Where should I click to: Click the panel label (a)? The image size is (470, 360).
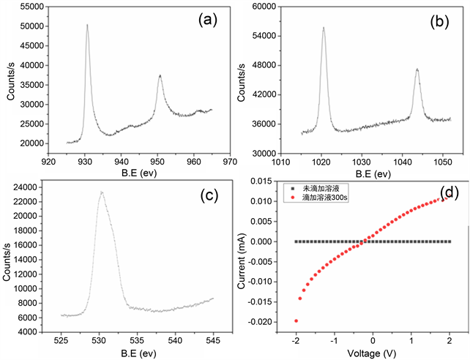(208, 20)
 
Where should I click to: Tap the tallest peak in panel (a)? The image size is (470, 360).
(87, 25)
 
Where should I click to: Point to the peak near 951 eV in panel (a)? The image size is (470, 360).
(160, 75)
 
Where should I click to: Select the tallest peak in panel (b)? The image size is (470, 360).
(323, 28)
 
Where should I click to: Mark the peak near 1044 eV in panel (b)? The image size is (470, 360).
(417, 70)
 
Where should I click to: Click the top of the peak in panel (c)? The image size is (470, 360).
(102, 192)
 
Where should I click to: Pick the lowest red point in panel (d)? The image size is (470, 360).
(296, 320)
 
